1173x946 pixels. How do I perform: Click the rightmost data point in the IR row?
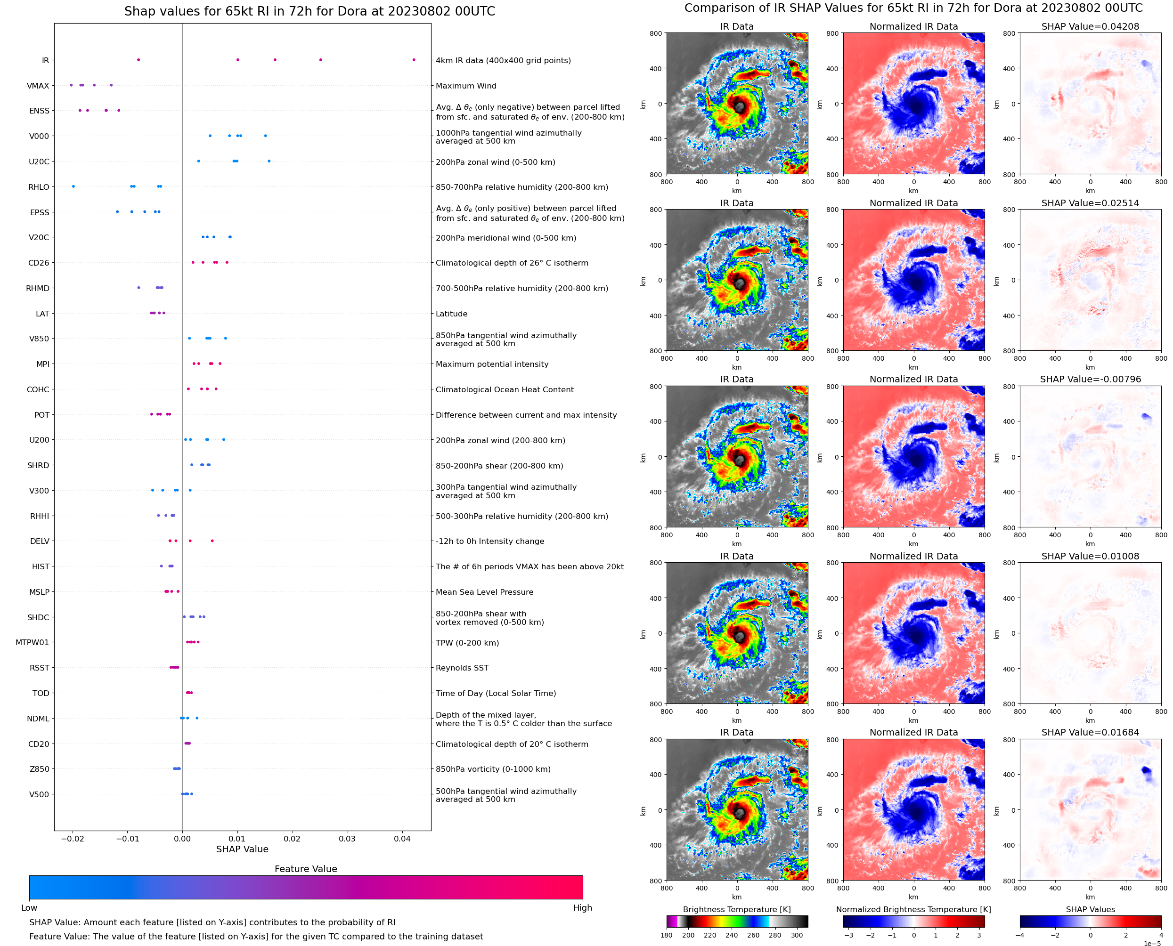(x=414, y=60)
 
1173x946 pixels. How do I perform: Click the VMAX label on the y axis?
(x=38, y=86)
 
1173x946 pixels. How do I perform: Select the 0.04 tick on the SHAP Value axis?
(x=402, y=839)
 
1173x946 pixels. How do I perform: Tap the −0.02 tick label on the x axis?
(x=72, y=839)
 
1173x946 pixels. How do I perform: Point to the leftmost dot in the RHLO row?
(x=73, y=186)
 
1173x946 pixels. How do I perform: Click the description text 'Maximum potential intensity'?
(x=492, y=364)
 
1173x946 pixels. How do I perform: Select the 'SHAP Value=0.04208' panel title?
(x=1090, y=26)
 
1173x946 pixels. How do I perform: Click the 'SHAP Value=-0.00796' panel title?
(x=1090, y=379)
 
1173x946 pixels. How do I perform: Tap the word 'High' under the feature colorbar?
(x=582, y=908)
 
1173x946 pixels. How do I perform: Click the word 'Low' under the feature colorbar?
(x=29, y=908)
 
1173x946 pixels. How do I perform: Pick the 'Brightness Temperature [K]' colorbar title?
(x=736, y=909)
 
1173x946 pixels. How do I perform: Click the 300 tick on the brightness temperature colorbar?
(x=797, y=935)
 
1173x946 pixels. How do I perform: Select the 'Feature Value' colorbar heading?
(x=306, y=869)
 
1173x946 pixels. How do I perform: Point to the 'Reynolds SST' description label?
(x=462, y=668)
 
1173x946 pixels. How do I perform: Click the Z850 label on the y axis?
(x=39, y=769)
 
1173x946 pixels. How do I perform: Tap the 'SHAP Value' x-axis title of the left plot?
(x=242, y=849)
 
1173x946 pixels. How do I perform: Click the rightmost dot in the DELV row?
(x=212, y=541)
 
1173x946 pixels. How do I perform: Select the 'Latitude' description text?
(x=451, y=314)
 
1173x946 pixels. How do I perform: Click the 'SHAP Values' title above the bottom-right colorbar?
(x=1090, y=909)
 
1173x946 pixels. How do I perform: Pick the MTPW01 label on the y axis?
(x=32, y=642)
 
